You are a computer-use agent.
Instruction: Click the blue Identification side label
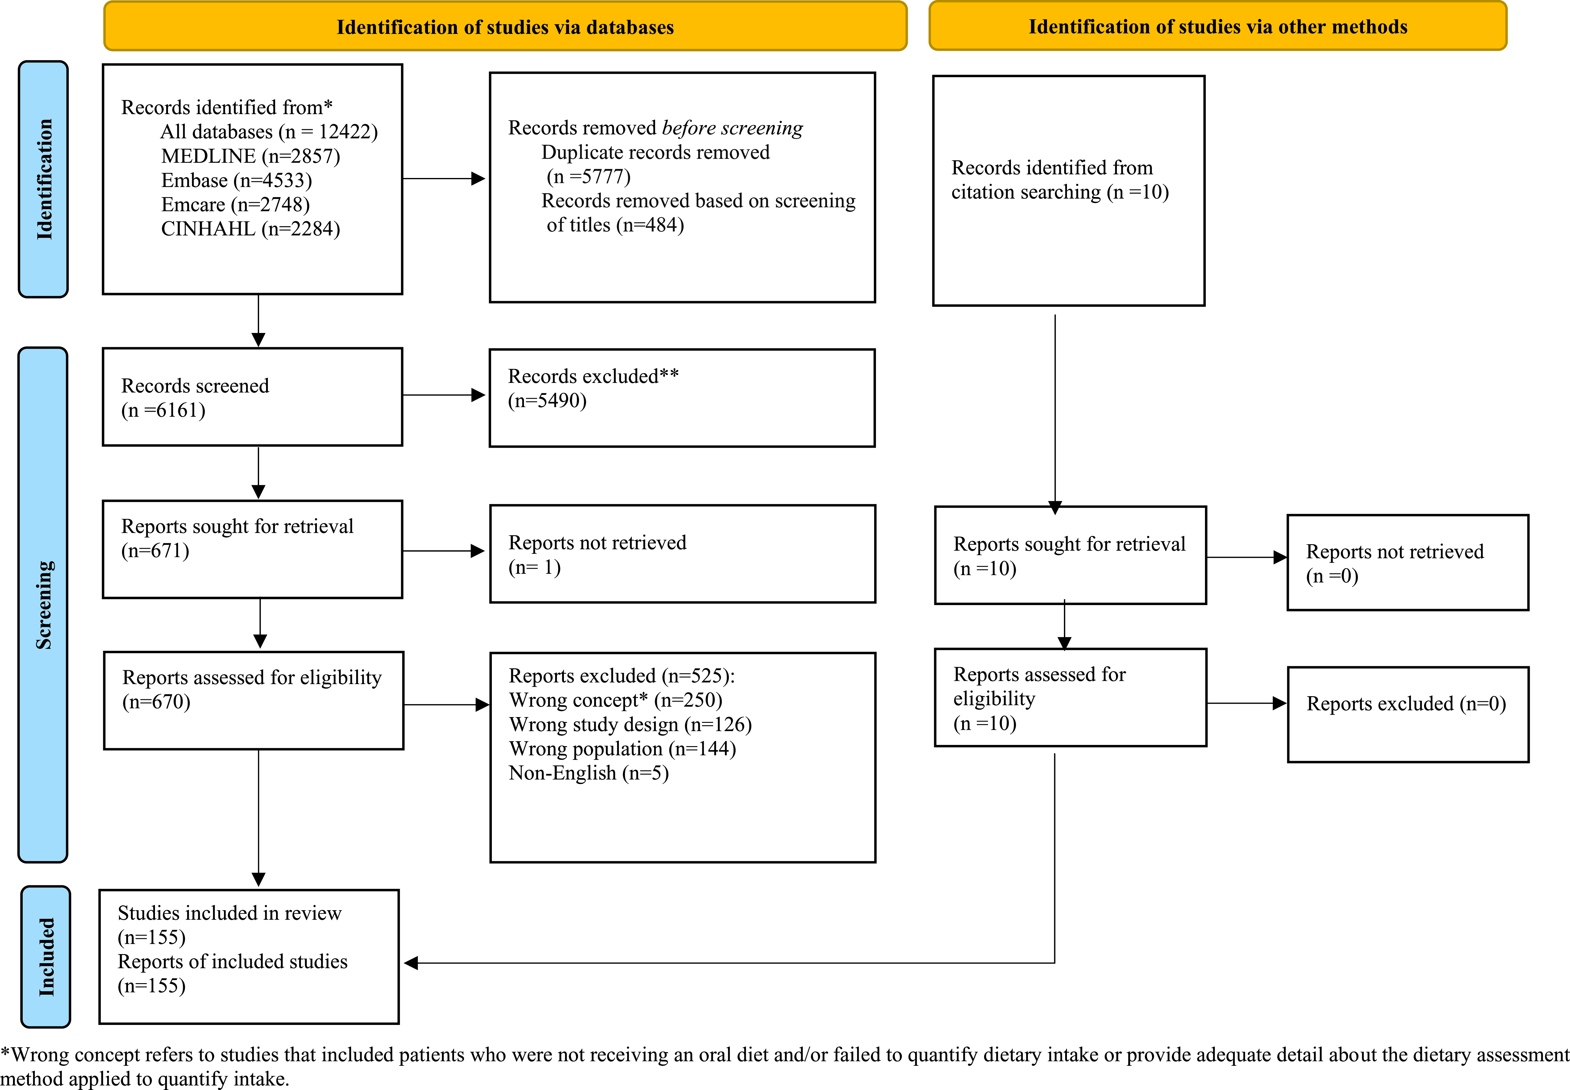(x=43, y=179)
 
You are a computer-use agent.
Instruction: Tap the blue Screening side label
(x=43, y=604)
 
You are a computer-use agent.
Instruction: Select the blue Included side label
(x=46, y=956)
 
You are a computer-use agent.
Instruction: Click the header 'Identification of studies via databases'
(x=505, y=27)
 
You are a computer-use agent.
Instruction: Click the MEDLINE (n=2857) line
(x=251, y=156)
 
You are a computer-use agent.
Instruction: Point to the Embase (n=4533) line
(x=236, y=180)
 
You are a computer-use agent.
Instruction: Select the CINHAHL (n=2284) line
(x=251, y=229)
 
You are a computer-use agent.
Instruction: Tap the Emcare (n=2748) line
(x=235, y=205)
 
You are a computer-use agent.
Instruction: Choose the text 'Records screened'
(x=195, y=386)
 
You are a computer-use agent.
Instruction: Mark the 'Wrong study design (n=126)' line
(x=630, y=725)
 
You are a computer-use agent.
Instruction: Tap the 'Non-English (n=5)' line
(x=589, y=773)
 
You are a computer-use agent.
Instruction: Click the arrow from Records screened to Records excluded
(x=444, y=395)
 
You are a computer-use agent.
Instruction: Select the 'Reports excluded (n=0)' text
(x=1406, y=704)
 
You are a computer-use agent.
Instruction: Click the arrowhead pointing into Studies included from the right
(x=410, y=963)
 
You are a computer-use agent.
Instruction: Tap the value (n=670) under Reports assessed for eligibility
(x=156, y=702)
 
